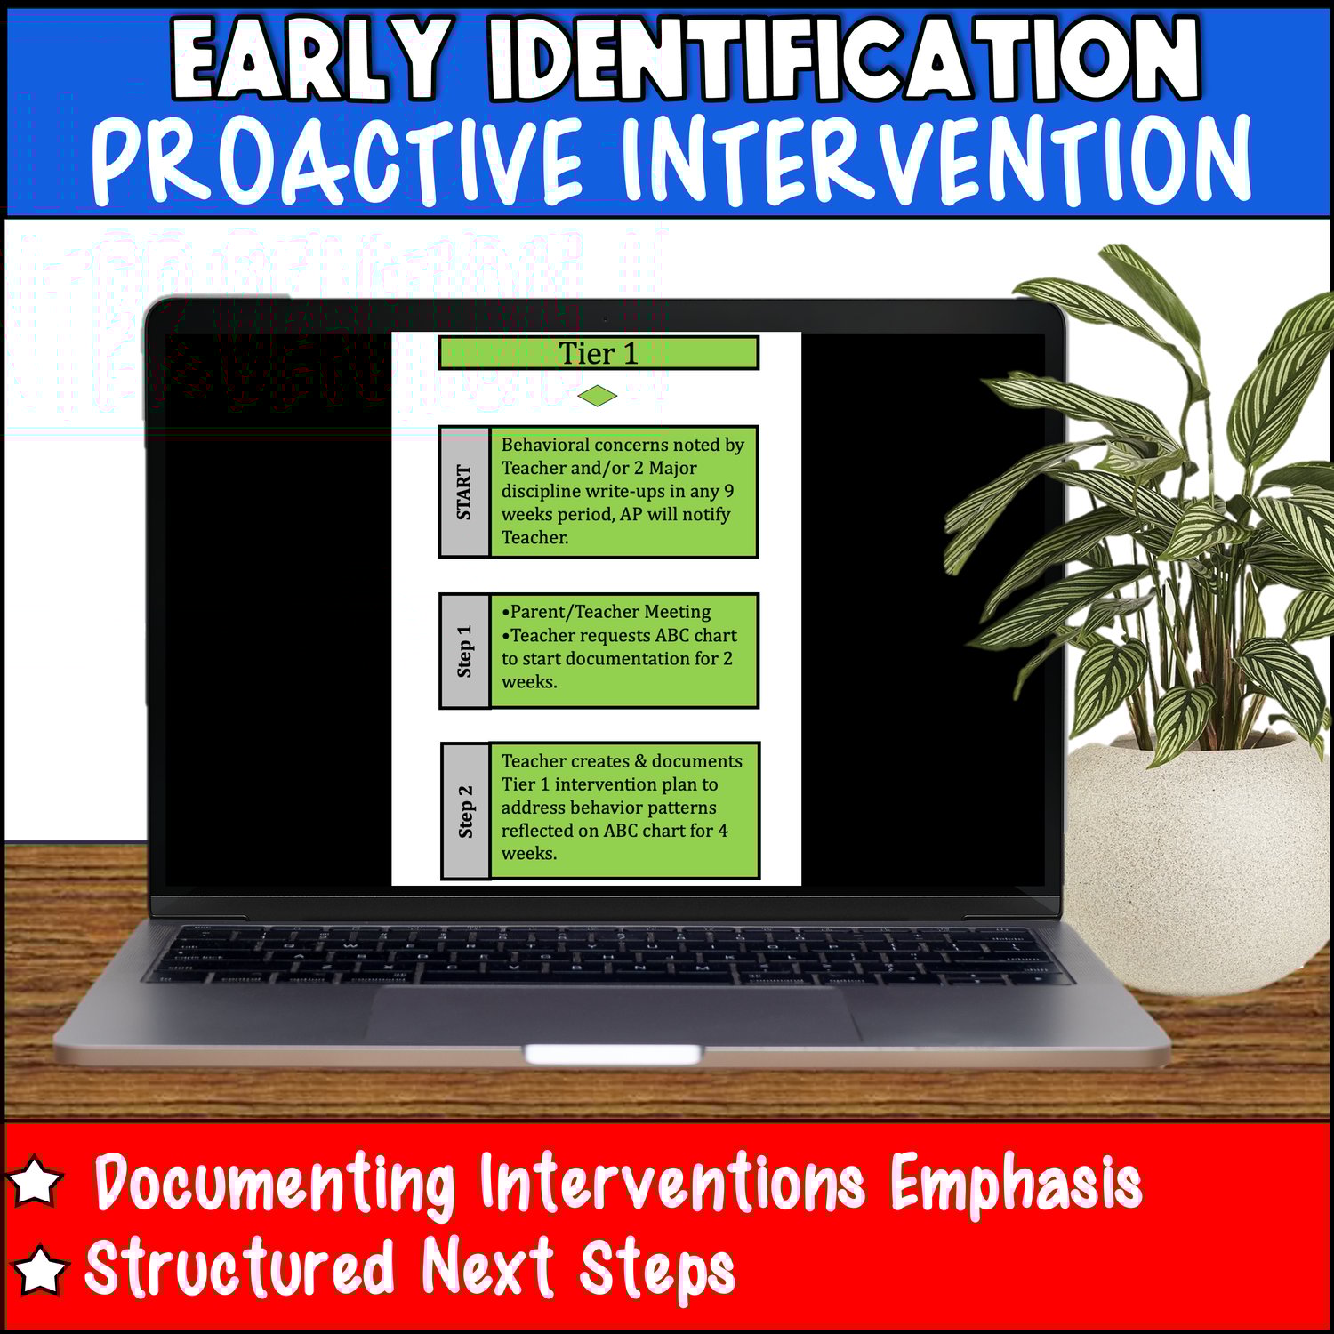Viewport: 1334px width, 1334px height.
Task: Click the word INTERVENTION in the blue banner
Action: point(936,160)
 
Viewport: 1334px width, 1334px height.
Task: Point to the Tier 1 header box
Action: point(599,353)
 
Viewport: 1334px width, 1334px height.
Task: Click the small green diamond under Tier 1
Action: point(598,396)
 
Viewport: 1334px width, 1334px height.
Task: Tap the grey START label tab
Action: point(464,492)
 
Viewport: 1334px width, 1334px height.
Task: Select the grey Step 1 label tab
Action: point(464,651)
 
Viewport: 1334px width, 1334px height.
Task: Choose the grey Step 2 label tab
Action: point(465,811)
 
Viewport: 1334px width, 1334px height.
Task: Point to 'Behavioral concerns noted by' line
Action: point(623,445)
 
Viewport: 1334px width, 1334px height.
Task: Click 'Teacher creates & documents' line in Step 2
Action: point(622,761)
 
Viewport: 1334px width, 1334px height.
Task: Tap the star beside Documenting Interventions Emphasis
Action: point(36,1181)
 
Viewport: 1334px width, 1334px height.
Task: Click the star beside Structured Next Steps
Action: point(39,1269)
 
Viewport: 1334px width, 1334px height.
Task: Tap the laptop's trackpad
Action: point(614,1014)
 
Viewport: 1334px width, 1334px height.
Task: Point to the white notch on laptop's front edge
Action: point(613,1055)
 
